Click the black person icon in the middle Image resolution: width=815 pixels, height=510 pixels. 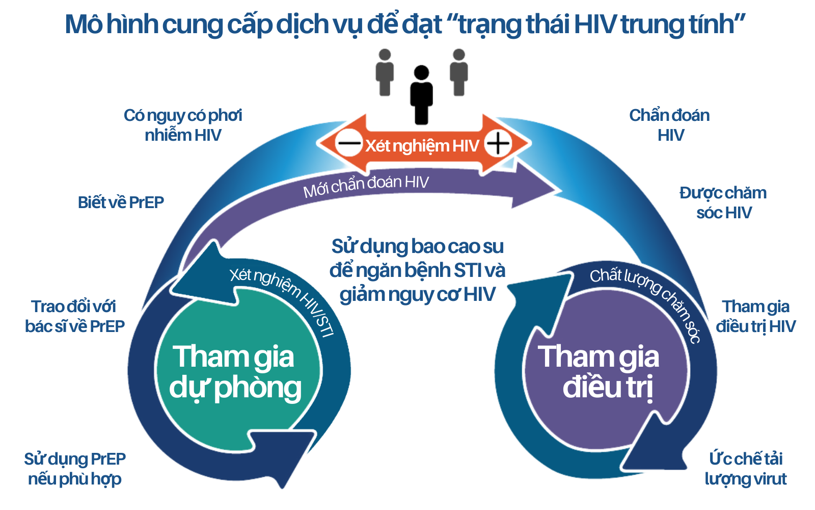pos(421,95)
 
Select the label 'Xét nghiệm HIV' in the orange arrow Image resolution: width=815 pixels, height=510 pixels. pos(422,146)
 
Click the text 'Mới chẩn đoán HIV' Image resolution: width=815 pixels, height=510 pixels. pos(366,186)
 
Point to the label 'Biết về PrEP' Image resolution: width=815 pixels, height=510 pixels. pos(121,202)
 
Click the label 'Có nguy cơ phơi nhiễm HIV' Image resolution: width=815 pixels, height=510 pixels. pos(183,125)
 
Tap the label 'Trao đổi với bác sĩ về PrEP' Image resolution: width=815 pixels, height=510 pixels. pos(74,316)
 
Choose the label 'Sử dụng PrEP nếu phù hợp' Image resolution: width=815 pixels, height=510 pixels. pos(74,469)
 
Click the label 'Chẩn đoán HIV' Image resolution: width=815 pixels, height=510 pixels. pos(670,125)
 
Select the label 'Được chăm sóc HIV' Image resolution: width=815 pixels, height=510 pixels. pos(723,202)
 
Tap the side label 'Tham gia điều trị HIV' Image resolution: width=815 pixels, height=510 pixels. pos(755,316)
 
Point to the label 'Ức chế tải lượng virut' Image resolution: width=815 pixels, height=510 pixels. pos(746,469)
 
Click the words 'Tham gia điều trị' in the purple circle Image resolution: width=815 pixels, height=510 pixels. pos(600,372)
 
